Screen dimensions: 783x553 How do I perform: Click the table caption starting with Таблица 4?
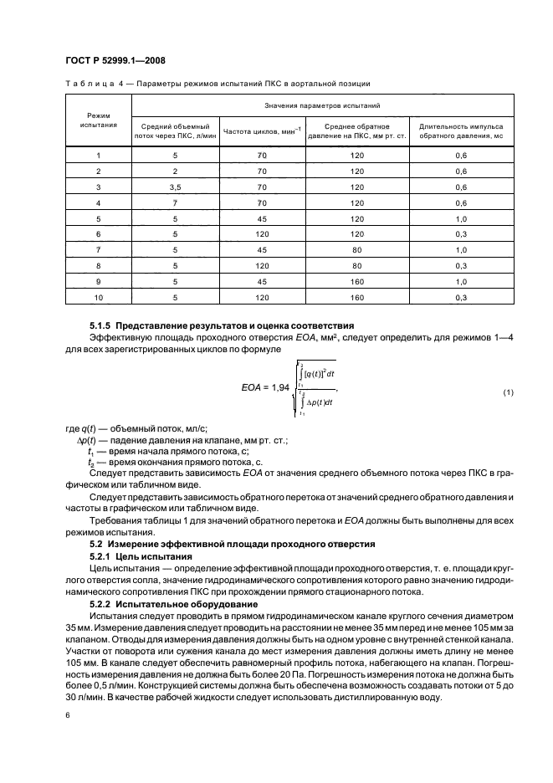(x=218, y=84)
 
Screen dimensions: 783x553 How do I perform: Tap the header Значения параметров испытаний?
(x=322, y=106)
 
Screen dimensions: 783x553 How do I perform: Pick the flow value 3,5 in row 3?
(x=175, y=187)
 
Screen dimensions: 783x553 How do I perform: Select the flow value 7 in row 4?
(x=175, y=202)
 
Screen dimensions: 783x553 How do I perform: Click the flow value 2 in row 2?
(x=175, y=171)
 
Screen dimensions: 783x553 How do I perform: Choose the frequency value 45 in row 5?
(x=261, y=217)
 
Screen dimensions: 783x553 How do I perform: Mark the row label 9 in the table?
(x=98, y=280)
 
